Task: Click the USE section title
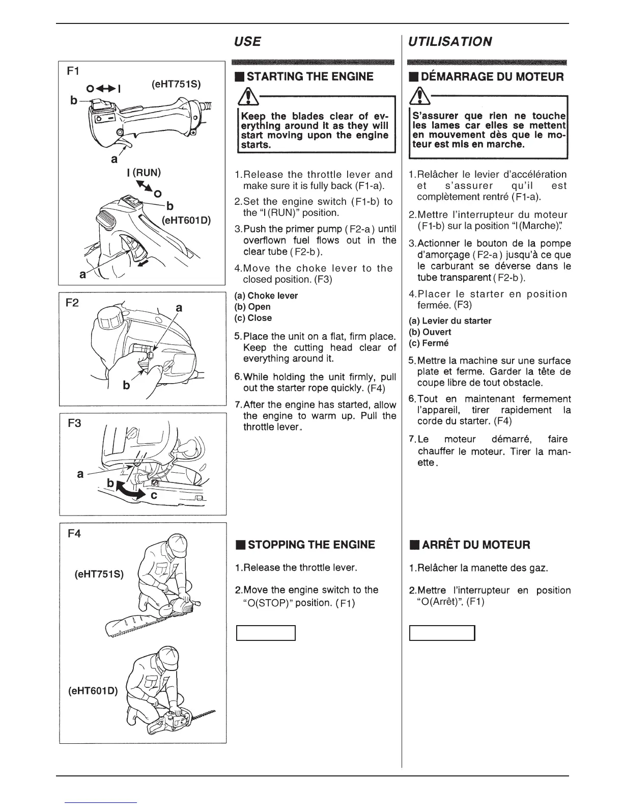point(248,41)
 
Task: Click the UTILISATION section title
point(450,41)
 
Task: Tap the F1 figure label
point(72,71)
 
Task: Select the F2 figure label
point(72,303)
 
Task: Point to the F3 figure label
point(74,423)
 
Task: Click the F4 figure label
point(74,534)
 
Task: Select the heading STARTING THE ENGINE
point(304,77)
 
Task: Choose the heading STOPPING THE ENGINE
point(305,545)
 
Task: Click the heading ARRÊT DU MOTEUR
point(469,545)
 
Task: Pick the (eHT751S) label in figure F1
point(176,84)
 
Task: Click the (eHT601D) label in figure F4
point(93,691)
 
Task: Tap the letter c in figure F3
point(154,495)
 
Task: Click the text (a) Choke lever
point(266,295)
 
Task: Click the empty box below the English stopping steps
point(266,633)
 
